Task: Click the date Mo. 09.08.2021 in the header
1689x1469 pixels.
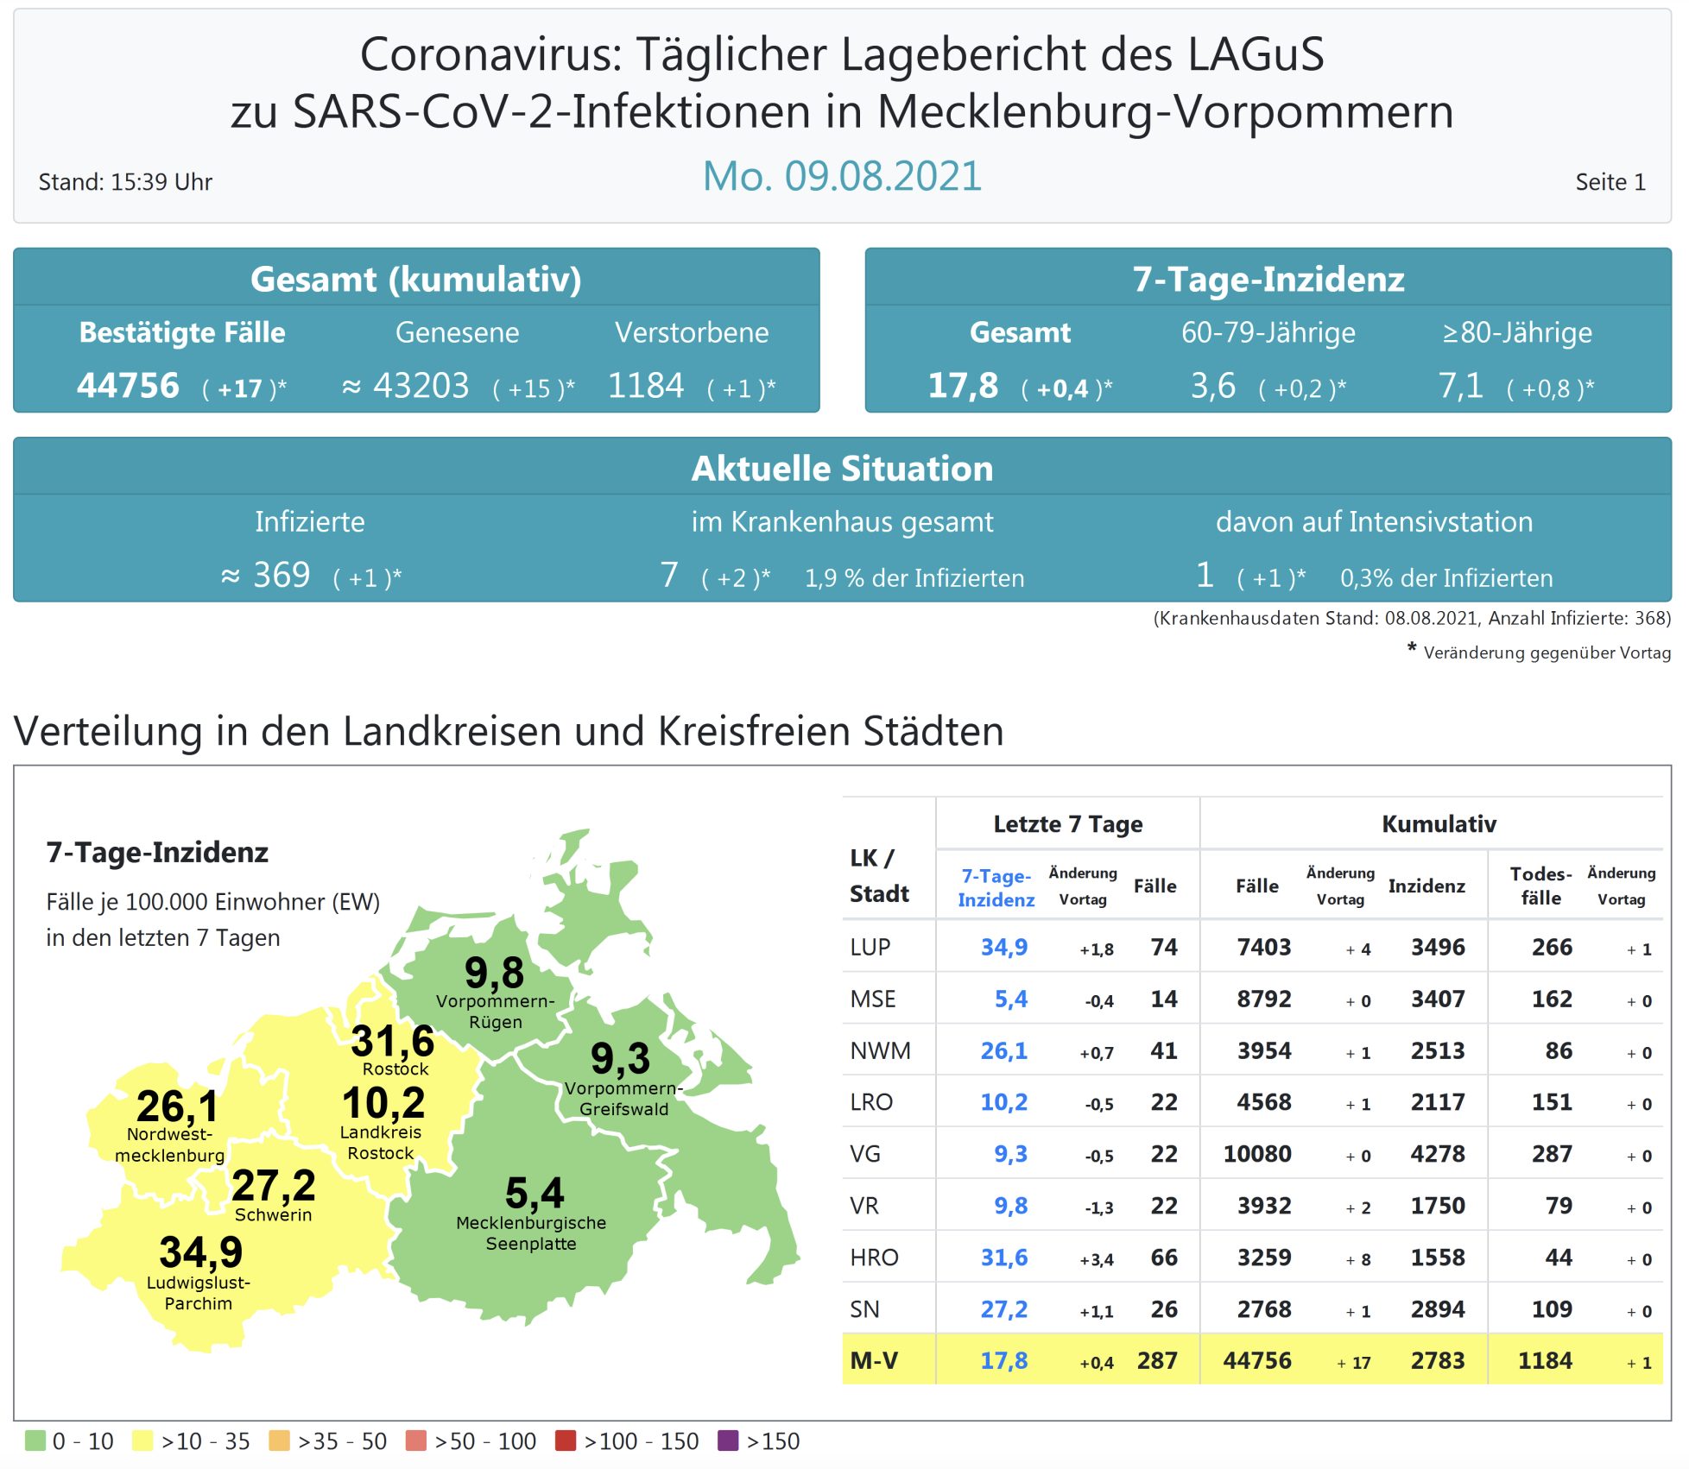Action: pos(842,177)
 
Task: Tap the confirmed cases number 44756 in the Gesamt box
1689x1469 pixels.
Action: pos(128,386)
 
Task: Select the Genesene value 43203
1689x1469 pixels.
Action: pos(421,386)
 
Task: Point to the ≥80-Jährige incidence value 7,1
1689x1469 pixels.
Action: pos(1460,386)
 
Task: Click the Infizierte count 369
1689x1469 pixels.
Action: pos(281,576)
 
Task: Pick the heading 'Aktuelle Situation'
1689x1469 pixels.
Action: pos(842,469)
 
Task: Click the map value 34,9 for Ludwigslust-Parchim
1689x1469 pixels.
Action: pos(200,1252)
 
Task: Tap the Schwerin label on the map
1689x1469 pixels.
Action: pos(273,1215)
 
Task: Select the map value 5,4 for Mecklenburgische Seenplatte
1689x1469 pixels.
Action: pos(535,1194)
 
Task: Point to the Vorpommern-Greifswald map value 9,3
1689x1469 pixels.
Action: pos(620,1058)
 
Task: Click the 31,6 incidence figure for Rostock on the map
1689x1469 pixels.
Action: pos(393,1041)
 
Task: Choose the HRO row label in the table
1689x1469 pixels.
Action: pos(874,1258)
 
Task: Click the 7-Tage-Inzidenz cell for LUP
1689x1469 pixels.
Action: pos(1003,948)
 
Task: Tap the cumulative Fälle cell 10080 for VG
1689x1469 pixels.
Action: pos(1256,1154)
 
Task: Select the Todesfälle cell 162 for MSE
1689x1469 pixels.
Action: pos(1551,999)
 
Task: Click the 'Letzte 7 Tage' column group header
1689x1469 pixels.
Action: pos(1067,824)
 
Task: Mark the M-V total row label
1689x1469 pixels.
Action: pos(874,1361)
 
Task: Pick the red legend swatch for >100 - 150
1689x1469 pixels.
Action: pos(566,1441)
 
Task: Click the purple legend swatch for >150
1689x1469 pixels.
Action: pos(728,1441)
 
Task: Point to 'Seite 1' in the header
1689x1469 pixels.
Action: pos(1610,182)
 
